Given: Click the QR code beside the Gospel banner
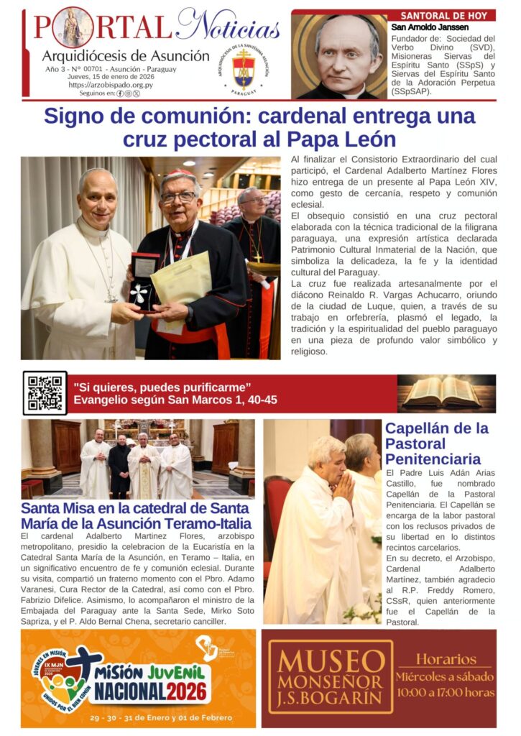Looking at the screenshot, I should pos(45,393).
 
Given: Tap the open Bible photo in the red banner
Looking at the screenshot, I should pos(446,393).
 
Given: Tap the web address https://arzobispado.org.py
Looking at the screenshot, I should pos(110,85).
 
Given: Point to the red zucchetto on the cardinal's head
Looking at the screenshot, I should pos(177,172).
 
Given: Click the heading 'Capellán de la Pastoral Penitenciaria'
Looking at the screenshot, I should pos(436,443).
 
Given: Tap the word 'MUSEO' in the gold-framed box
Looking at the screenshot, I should pos(331,661).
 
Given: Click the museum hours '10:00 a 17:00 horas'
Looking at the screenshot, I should pos(445,692).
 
